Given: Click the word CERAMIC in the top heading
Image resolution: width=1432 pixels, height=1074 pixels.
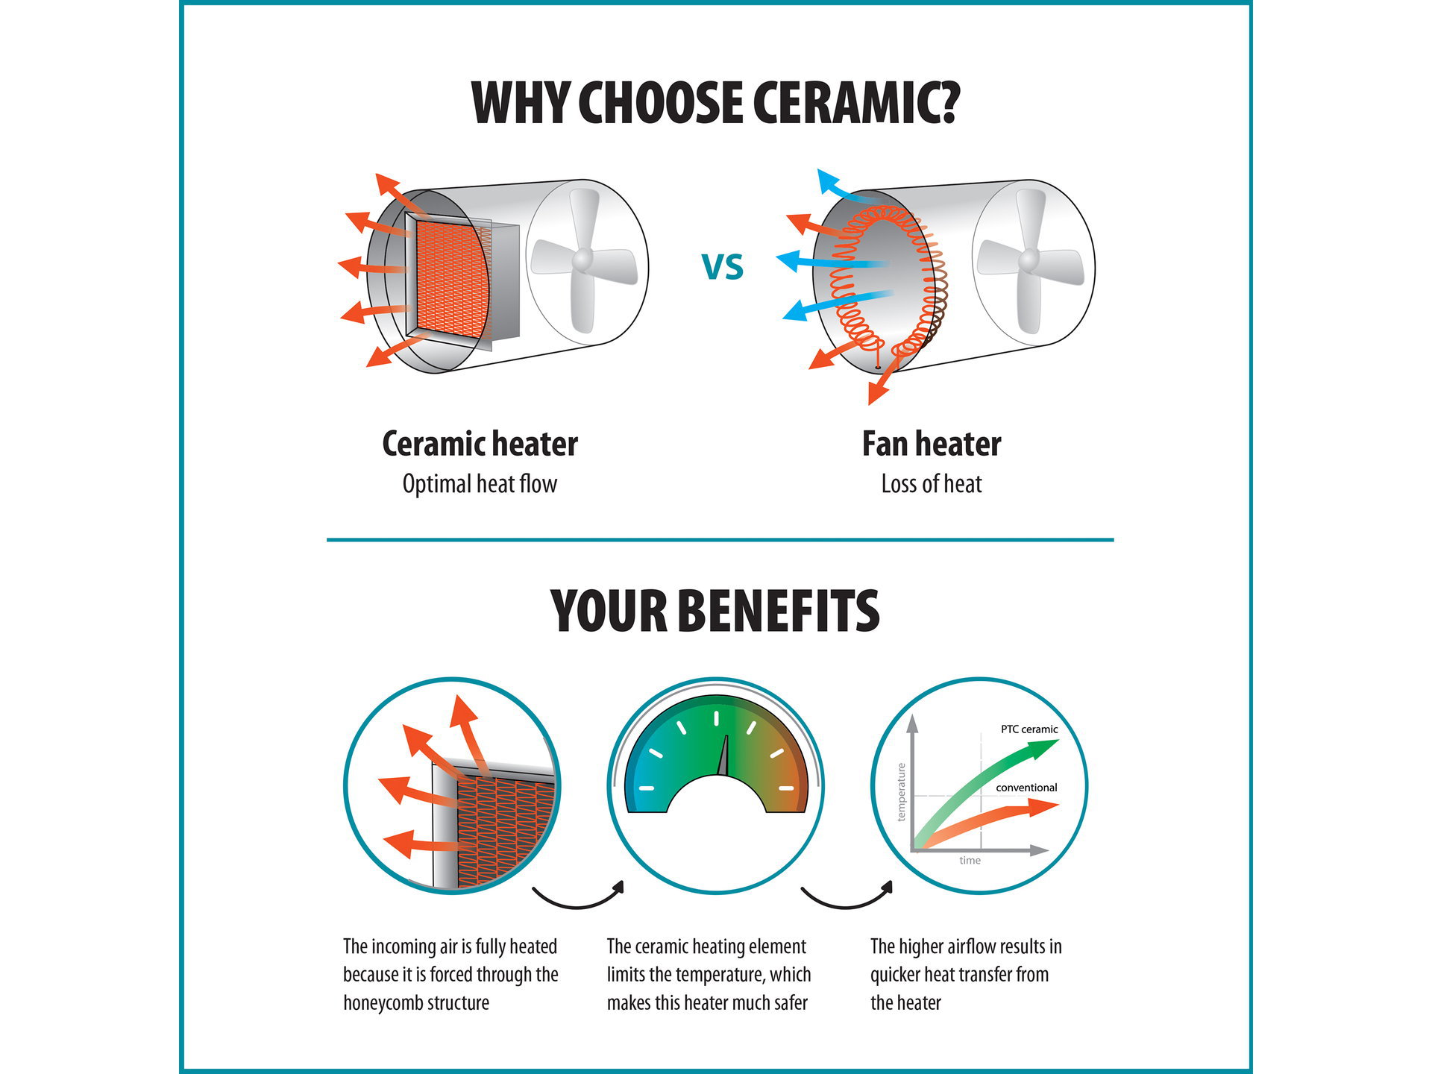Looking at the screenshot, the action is [855, 102].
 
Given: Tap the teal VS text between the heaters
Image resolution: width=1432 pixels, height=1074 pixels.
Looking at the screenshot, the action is [723, 267].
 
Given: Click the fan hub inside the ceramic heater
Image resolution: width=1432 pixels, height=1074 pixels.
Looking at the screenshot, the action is [582, 260].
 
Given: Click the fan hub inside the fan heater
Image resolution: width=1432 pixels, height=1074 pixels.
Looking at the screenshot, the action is [1029, 260].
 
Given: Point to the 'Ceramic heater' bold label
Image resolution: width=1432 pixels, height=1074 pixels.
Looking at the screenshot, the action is [480, 444].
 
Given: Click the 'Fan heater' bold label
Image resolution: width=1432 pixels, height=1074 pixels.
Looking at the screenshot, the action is [932, 444].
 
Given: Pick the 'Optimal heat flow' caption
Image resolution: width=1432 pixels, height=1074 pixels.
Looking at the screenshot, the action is [480, 484].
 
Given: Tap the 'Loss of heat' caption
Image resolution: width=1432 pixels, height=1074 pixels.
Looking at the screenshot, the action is [932, 484].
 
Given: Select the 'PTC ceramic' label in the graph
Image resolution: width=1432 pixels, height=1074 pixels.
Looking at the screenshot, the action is [1029, 729].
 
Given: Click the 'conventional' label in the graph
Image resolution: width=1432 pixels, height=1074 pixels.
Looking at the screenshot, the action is [1026, 788].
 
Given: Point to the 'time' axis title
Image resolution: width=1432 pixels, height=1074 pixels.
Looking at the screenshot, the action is [970, 861].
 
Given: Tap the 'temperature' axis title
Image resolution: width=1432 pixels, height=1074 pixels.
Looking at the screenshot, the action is [901, 792].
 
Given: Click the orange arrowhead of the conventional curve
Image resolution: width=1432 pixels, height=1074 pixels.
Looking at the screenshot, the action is [1043, 808].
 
